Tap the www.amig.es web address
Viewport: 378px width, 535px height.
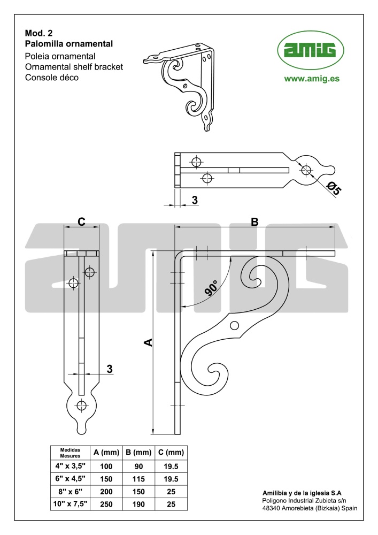point(312,79)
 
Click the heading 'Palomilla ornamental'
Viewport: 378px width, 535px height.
point(69,44)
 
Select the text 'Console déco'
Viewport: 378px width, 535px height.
point(52,78)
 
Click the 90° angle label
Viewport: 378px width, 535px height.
point(211,287)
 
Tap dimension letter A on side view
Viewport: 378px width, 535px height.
point(148,342)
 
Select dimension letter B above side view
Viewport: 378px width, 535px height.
point(254,222)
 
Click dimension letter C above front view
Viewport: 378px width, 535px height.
point(81,222)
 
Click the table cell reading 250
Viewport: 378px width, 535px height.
point(106,504)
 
